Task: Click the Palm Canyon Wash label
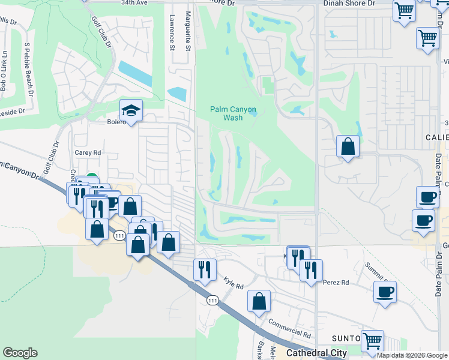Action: (234, 113)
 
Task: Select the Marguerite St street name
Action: (188, 31)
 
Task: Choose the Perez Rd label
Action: (336, 282)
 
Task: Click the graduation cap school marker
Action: (130, 111)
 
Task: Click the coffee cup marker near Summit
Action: (385, 293)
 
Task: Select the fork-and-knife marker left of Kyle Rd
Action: (204, 270)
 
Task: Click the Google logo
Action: (20, 353)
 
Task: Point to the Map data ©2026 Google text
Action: (412, 355)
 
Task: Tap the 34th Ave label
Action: (134, 3)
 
